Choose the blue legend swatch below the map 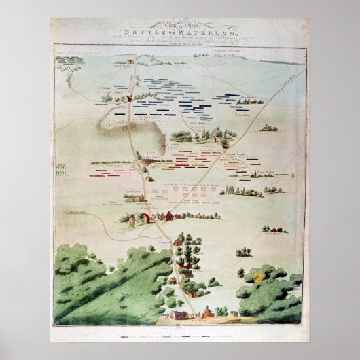(x=228, y=335)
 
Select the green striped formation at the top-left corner (x=69, y=67)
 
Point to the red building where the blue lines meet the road (x=129, y=98)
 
